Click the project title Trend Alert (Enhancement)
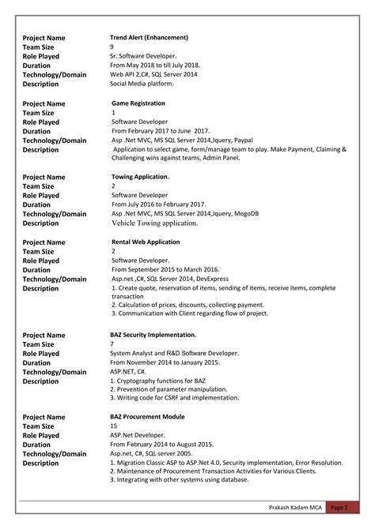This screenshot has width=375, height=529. [149, 37]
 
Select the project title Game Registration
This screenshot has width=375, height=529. [138, 103]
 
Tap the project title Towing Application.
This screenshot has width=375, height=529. [140, 177]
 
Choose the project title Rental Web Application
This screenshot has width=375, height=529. [146, 242]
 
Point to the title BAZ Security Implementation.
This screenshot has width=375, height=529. [153, 335]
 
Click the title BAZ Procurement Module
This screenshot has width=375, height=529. [148, 416]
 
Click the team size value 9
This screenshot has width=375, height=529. [112, 47]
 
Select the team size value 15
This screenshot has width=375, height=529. [114, 426]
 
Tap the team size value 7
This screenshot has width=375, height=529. [112, 344]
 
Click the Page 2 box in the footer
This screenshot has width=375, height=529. [339, 508]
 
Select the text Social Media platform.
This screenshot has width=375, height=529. [143, 83]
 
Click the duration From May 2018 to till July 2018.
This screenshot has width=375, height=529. [154, 65]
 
